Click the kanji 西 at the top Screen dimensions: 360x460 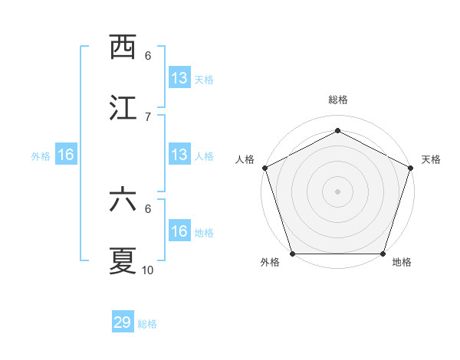coord(123,47)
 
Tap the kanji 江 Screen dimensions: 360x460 coord(123,109)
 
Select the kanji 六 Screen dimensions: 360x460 coord(123,200)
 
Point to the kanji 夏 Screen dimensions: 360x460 coord(123,261)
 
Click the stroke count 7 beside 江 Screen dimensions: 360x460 coord(148,116)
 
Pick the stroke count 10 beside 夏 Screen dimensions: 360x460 coord(148,270)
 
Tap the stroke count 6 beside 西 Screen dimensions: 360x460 coord(148,55)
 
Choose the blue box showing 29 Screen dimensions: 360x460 coord(123,322)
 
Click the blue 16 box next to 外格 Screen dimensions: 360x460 coord(66,155)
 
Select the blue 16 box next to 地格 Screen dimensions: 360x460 coord(179,231)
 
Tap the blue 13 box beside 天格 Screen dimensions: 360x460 coord(179,77)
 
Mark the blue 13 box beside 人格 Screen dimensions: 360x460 coord(179,155)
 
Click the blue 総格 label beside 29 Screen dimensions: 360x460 coord(148,324)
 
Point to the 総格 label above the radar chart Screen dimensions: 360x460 coord(338,100)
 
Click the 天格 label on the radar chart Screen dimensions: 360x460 coord(432,159)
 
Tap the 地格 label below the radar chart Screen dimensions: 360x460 coord(402,263)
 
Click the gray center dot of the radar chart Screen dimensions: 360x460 coord(338,191)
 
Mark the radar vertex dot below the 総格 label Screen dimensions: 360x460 coord(338,131)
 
